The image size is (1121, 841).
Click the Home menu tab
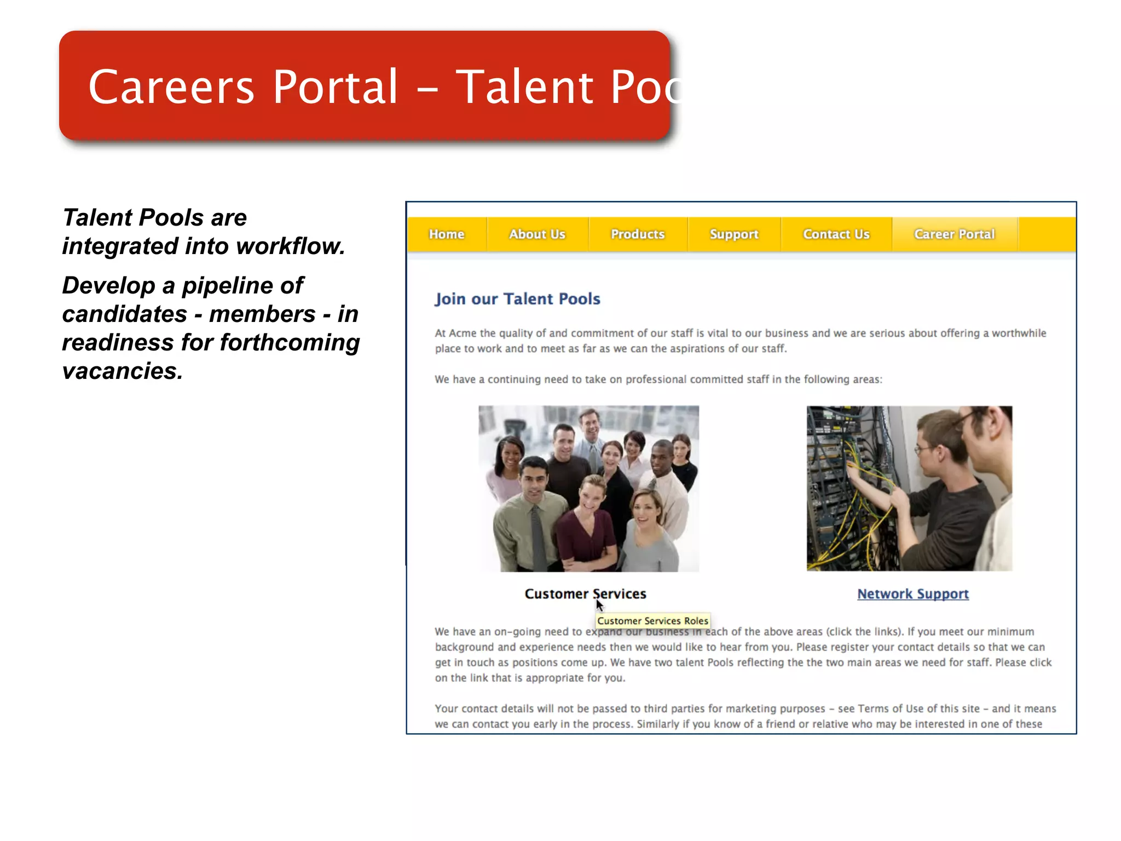point(446,234)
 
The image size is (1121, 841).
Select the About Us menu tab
point(537,234)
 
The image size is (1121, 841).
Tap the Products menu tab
point(638,234)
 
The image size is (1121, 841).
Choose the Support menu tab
point(734,234)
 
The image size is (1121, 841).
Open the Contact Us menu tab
point(836,234)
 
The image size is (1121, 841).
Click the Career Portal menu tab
point(954,234)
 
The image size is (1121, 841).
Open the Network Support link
point(912,594)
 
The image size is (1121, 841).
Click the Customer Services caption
point(585,594)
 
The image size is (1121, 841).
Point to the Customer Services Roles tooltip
point(652,621)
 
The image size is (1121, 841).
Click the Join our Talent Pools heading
point(517,299)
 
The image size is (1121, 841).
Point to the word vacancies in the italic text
point(122,371)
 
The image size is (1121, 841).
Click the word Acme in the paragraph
point(463,333)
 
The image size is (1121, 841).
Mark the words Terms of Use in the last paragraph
point(891,708)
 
